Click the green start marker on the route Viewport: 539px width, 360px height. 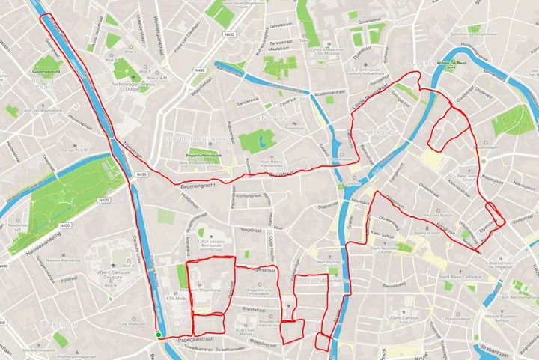click(159, 335)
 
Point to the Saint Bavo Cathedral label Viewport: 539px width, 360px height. click(471, 278)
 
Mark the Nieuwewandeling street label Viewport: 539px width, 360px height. click(44, 251)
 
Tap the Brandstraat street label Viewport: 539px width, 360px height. click(255, 308)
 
